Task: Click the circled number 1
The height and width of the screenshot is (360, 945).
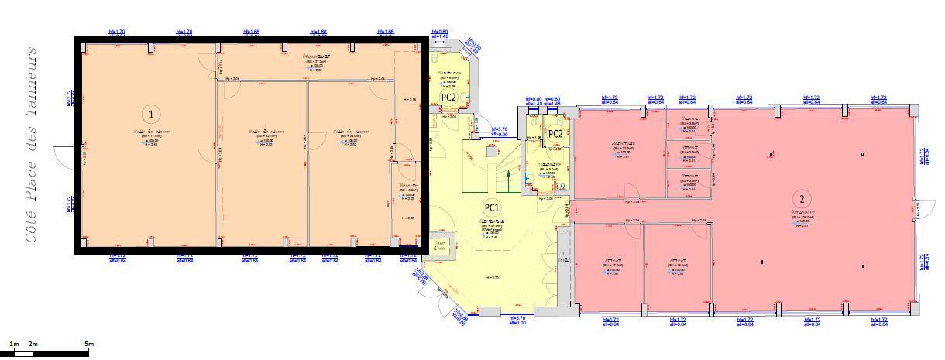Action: pyautogui.click(x=152, y=114)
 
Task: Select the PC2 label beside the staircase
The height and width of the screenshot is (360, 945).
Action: pyautogui.click(x=555, y=134)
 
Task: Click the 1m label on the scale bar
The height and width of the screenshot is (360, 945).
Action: pyautogui.click(x=14, y=343)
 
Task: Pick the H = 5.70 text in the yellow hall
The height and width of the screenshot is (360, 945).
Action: pyautogui.click(x=490, y=276)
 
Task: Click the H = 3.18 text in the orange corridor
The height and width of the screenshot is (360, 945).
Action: pyautogui.click(x=411, y=99)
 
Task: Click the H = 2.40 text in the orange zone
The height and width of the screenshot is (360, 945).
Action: pyautogui.click(x=409, y=219)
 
